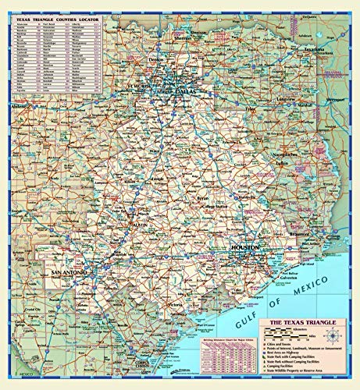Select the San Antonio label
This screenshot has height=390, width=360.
pos(65,272)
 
